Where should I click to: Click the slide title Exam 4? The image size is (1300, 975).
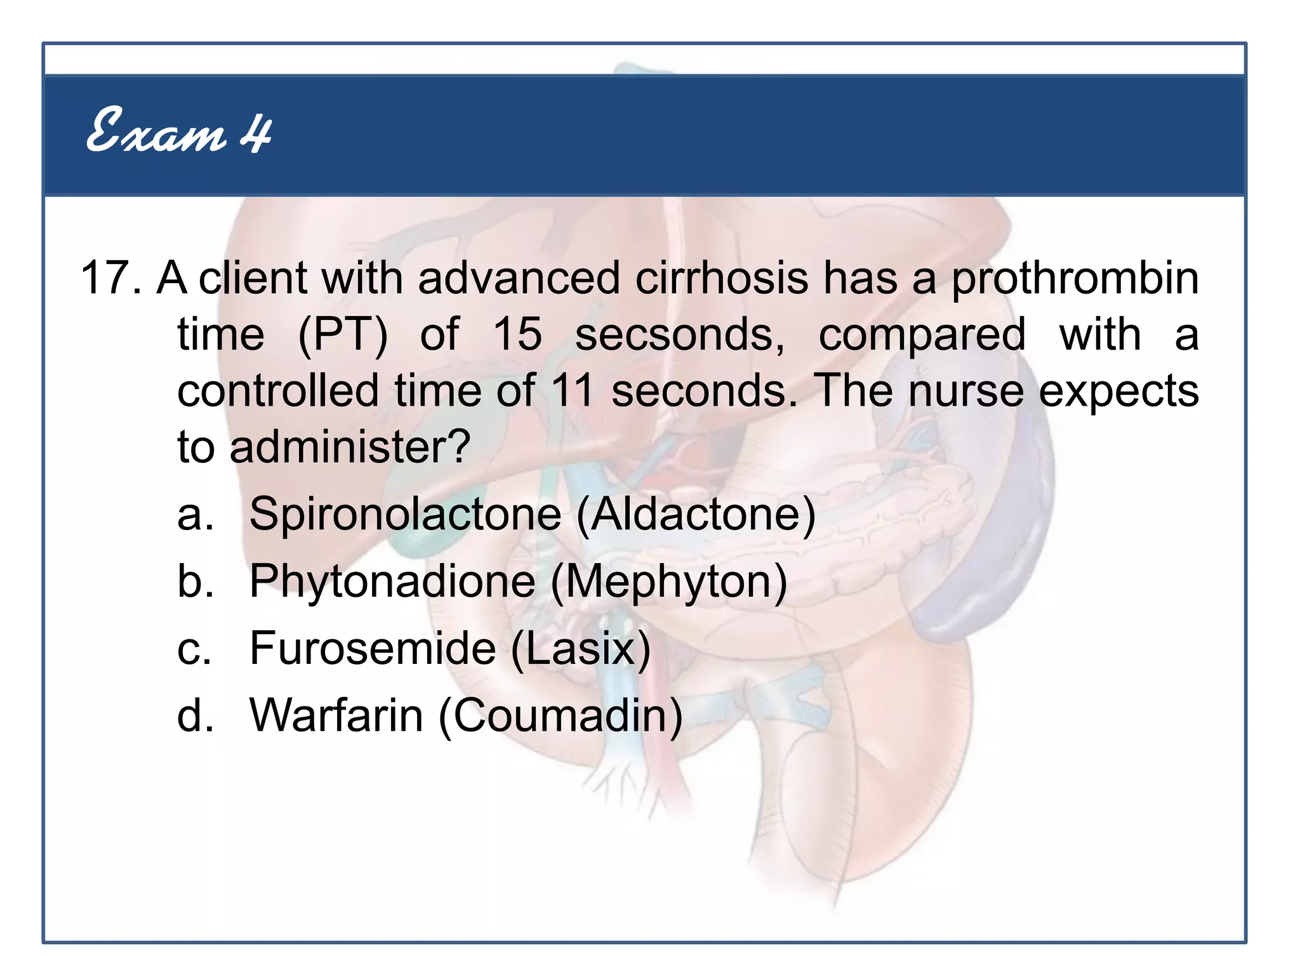pos(179,131)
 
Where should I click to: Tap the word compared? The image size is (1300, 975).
pos(922,336)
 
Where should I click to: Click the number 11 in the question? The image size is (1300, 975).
pos(572,390)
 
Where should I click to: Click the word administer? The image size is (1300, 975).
pos(350,447)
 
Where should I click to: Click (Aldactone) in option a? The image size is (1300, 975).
pos(696,514)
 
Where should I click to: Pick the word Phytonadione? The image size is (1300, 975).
pos(392,582)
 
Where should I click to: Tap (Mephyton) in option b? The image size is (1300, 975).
pos(669,582)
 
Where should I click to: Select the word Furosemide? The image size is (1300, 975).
pos(373,649)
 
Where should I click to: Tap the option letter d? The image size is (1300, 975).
pos(194,715)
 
